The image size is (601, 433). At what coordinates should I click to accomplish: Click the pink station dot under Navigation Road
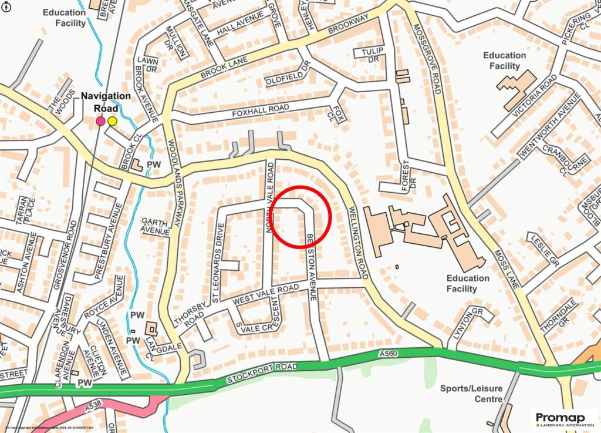coord(100,121)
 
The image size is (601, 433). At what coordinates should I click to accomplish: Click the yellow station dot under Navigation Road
coord(112,121)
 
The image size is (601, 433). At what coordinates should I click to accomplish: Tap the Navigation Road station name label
coord(106,102)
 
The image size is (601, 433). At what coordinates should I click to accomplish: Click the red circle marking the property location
coord(302,216)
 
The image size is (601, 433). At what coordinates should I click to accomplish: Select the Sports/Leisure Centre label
coord(471,394)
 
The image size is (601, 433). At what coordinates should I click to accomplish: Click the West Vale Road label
coord(266,295)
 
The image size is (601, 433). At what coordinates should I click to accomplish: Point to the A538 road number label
coord(93,405)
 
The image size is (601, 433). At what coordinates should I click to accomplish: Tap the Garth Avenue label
coord(155,226)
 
